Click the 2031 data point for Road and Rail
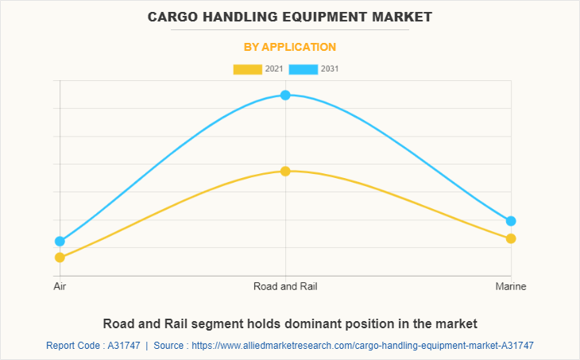(285, 95)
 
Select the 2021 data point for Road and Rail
(285, 171)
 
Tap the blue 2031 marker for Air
(60, 241)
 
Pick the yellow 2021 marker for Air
(60, 257)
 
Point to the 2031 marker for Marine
(511, 221)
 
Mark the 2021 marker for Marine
(511, 238)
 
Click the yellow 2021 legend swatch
(247, 69)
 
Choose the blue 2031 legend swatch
(304, 69)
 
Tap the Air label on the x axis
(60, 285)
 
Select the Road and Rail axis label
(285, 285)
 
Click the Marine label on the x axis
(511, 285)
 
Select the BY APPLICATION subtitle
(290, 47)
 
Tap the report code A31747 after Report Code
(122, 346)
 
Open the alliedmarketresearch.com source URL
(362, 346)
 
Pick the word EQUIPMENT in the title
(322, 16)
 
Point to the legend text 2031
(330, 69)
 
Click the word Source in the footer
(169, 346)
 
